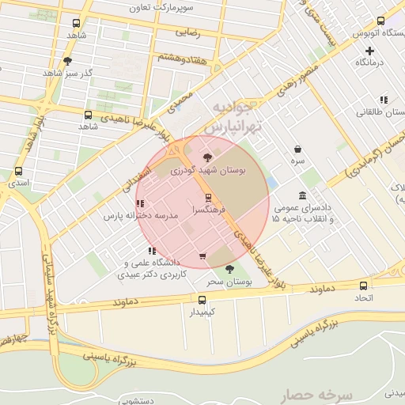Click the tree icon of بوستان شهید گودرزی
tap(207, 157)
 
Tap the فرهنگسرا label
tap(207, 211)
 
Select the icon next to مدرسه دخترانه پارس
tap(140, 203)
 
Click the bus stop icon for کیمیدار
tap(202, 300)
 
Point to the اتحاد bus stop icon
tap(364, 286)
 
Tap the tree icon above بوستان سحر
tap(229, 269)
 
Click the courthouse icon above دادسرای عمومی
tap(303, 195)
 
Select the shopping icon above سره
tap(297, 149)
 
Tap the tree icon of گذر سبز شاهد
tap(67, 60)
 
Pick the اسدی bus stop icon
tap(18, 170)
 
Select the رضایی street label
tap(187, 33)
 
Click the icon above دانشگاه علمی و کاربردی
tap(152, 251)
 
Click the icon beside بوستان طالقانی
tap(384, 100)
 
